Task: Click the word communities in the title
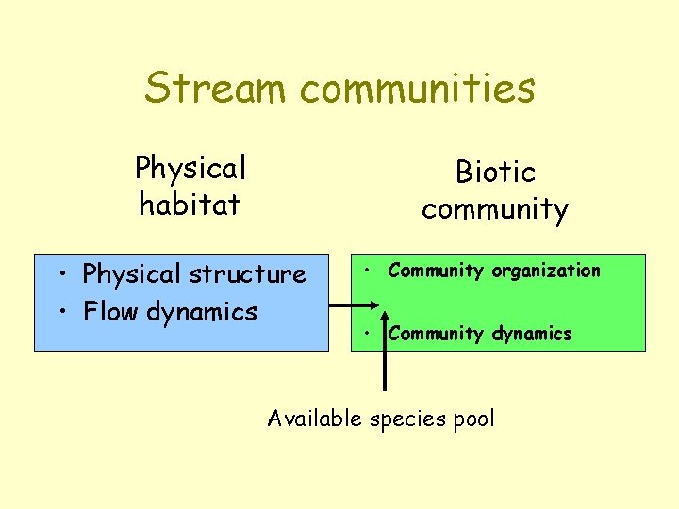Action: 418,89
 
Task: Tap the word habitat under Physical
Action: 190,204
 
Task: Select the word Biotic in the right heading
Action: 495,172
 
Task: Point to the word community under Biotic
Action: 495,208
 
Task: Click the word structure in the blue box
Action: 247,274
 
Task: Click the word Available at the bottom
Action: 314,419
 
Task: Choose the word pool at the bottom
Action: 473,419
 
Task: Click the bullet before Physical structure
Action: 59,275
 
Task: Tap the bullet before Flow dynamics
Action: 59,312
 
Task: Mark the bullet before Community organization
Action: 364,271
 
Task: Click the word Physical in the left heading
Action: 190,168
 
